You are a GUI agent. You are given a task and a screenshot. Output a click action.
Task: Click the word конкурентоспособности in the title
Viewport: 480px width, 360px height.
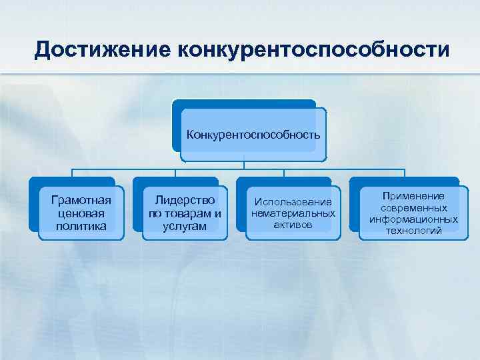309,49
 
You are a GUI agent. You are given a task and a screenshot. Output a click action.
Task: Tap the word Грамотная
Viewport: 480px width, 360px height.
81,199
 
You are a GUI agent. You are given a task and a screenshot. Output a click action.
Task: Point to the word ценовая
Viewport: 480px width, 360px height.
81,213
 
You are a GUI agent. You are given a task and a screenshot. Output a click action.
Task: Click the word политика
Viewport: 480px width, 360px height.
81,226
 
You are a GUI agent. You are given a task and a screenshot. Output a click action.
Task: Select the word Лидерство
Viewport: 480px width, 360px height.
184,199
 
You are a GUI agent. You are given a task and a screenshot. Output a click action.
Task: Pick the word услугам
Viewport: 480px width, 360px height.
184,226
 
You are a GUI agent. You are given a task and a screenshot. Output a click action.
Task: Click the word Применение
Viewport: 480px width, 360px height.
413,196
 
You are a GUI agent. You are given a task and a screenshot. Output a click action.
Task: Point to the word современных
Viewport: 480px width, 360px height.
413,207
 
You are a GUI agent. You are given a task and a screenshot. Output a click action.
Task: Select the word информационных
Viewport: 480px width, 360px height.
413,219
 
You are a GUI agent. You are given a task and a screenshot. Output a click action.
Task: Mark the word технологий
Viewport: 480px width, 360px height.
413,231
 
